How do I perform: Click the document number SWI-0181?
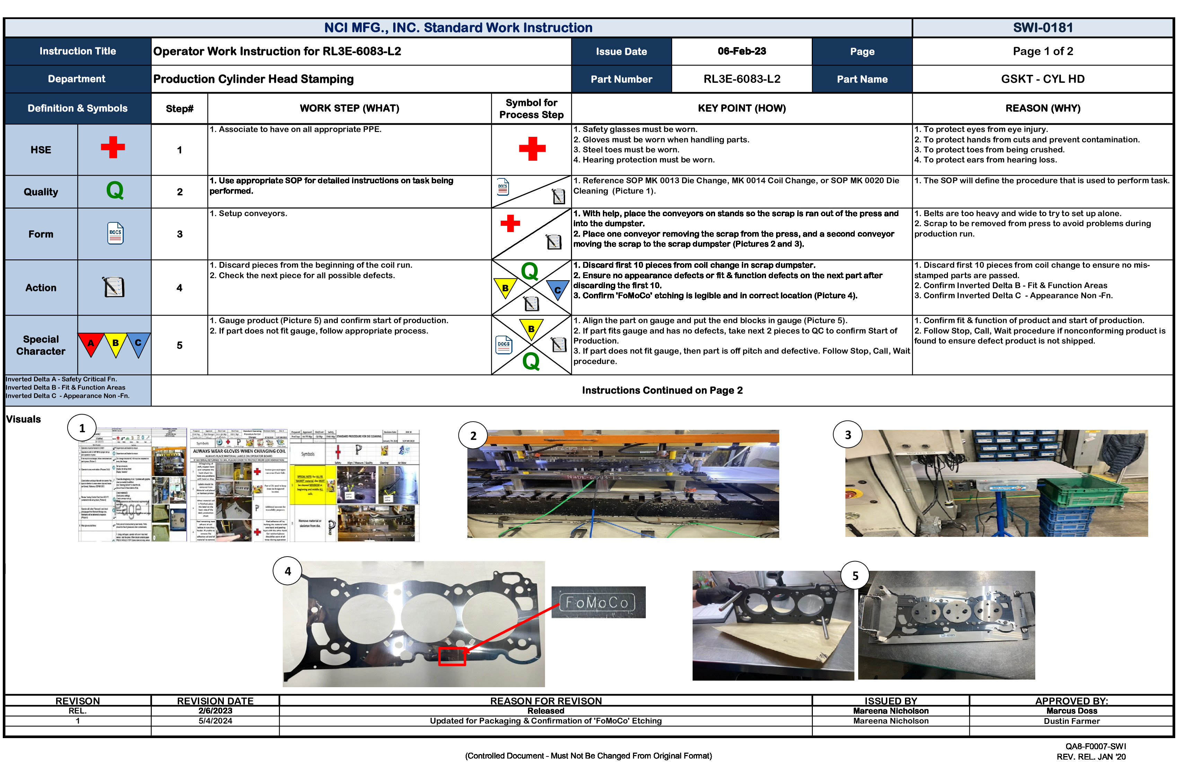[x=1043, y=28]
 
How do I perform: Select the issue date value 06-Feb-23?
[x=741, y=52]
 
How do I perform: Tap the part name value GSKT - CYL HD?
[x=1043, y=79]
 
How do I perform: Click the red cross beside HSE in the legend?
[x=113, y=148]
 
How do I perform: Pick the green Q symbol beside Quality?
[x=115, y=190]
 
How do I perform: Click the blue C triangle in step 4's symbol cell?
[x=557, y=289]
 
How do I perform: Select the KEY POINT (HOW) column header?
[x=741, y=108]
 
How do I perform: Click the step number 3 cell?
[x=180, y=234]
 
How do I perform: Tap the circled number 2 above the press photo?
[x=473, y=435]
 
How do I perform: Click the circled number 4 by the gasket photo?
[x=288, y=571]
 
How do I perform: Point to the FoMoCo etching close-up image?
[x=598, y=602]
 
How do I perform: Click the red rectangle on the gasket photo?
[x=452, y=656]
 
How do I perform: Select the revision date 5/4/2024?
[x=215, y=721]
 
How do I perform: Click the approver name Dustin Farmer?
[x=1072, y=721]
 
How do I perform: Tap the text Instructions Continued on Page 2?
[x=662, y=390]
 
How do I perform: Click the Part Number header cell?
[x=621, y=79]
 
